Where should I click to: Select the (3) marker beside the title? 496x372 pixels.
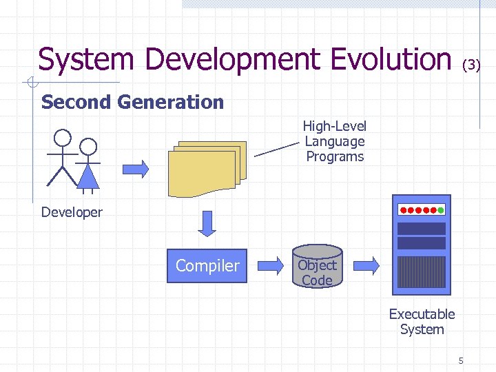(x=471, y=65)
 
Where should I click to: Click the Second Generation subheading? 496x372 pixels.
(x=132, y=103)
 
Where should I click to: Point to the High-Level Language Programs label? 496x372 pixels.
(x=334, y=141)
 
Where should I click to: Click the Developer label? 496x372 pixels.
(x=72, y=212)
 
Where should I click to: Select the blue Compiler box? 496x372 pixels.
(x=207, y=266)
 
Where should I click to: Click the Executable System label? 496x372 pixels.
(x=422, y=322)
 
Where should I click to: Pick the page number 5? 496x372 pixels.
(x=461, y=360)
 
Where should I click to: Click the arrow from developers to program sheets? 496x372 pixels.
(x=136, y=168)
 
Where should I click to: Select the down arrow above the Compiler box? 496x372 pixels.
(x=207, y=222)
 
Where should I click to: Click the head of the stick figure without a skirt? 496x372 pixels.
(x=63, y=138)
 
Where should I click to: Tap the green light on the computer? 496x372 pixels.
(x=441, y=209)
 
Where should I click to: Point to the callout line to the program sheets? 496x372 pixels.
(x=278, y=149)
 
